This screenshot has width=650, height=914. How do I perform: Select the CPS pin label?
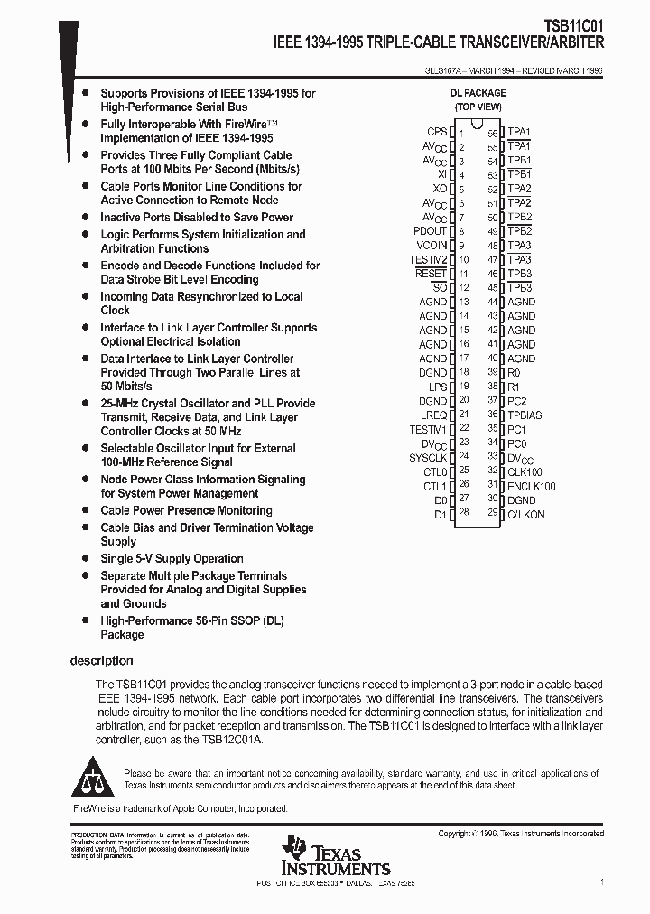[x=437, y=132]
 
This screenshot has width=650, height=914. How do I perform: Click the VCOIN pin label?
[x=432, y=246]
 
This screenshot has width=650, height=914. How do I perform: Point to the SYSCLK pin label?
[x=428, y=457]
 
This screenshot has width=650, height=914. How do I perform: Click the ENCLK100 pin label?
[x=531, y=486]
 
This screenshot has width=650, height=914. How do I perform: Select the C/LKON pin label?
[x=526, y=514]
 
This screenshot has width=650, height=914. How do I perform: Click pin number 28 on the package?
[x=463, y=513]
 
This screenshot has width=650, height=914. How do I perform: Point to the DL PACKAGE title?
[x=478, y=93]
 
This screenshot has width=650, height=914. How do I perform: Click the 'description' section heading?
[x=102, y=661]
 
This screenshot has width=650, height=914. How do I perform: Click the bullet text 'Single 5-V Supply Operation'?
[x=172, y=559]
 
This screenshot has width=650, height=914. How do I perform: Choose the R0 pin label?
[x=514, y=372]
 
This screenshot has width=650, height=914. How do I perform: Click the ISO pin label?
[x=439, y=287]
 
